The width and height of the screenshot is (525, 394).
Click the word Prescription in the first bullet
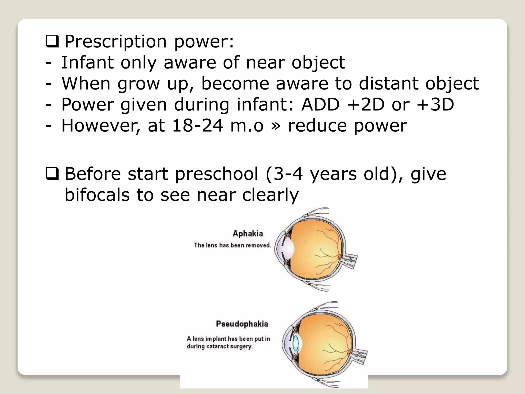116,42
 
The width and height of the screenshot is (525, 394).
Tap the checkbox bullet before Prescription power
52,42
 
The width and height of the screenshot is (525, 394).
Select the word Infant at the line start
87,62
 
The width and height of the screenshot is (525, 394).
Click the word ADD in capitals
320,104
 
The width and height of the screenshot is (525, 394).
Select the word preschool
217,174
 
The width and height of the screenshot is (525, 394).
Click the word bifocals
97,195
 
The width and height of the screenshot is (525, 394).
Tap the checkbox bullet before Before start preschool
52,174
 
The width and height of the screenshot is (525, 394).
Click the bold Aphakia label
248,233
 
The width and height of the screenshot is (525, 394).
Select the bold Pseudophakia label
242,324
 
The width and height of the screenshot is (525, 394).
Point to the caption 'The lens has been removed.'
233,245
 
